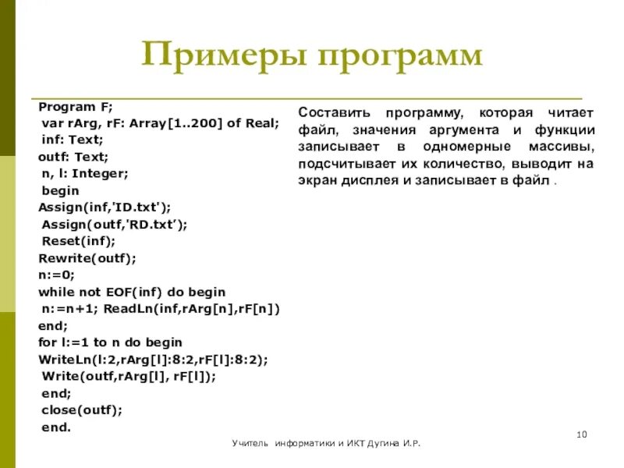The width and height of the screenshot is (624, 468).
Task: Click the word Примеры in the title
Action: (220, 56)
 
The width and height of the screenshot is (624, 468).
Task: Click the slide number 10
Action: (581, 434)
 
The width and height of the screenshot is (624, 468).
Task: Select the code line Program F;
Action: (75, 106)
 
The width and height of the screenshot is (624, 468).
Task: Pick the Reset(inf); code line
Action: (78, 241)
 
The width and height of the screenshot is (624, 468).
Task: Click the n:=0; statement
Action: (56, 275)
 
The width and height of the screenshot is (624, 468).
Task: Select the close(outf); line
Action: (82, 409)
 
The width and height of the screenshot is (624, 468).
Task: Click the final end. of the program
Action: (55, 427)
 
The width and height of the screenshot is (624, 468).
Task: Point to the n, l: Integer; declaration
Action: (85, 173)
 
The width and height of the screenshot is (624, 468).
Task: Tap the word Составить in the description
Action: (332, 112)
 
